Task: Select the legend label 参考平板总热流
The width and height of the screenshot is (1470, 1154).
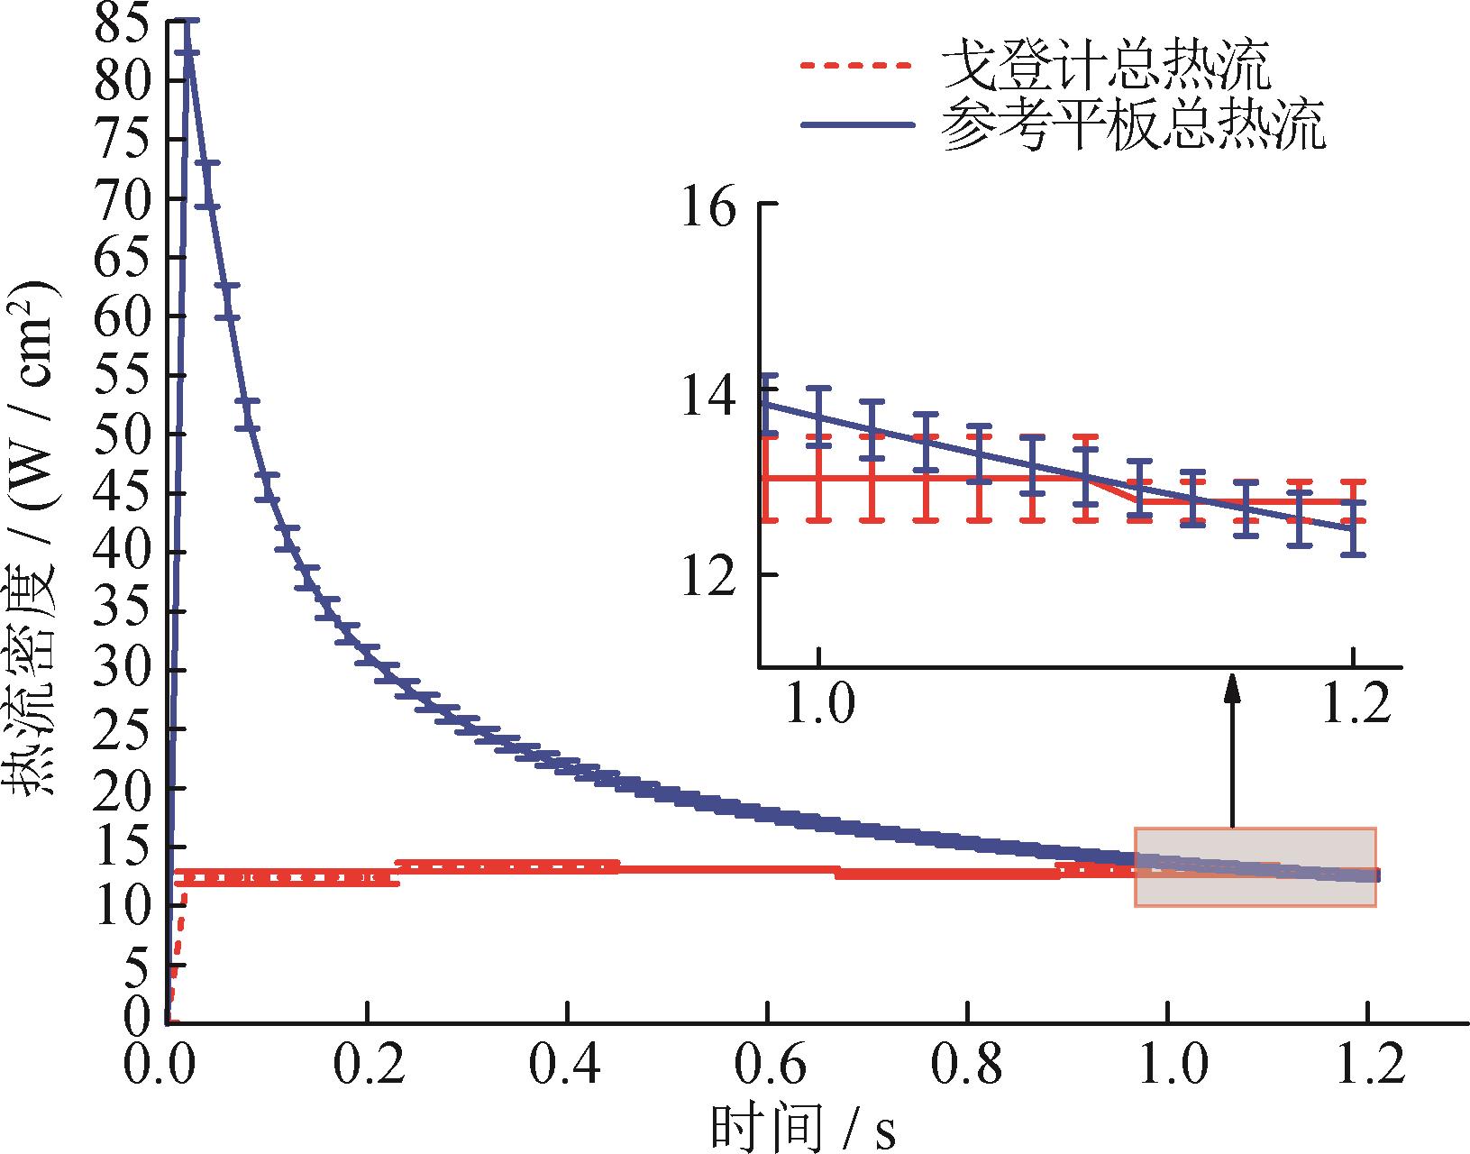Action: [1133, 126]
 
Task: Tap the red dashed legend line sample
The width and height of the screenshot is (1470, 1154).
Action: [856, 65]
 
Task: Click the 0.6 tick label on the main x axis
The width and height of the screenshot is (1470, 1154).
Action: [767, 1066]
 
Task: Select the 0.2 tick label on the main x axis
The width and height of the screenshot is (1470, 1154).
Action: [367, 1066]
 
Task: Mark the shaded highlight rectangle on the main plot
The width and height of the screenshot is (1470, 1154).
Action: [1255, 866]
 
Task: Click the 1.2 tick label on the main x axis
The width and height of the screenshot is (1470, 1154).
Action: [1368, 1066]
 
